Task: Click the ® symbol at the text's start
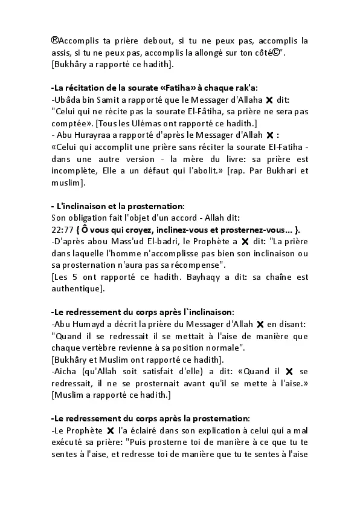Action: click(55, 41)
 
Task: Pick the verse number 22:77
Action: click(62, 229)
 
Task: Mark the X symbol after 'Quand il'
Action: click(290, 371)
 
